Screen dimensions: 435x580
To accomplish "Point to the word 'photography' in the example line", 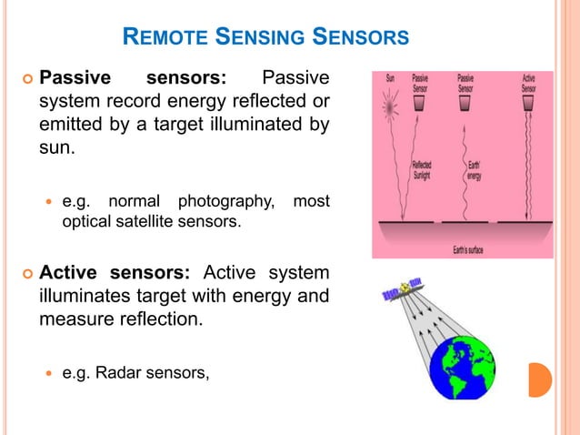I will (x=229, y=199).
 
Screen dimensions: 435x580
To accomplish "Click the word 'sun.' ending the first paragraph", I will (x=55, y=146).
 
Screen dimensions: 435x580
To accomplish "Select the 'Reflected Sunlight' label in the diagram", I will (x=423, y=170).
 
